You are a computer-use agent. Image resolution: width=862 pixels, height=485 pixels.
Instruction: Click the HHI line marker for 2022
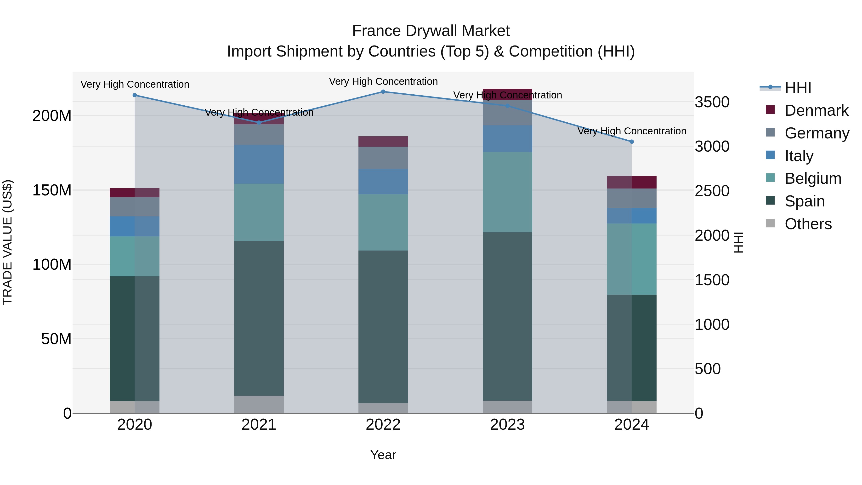pos(383,92)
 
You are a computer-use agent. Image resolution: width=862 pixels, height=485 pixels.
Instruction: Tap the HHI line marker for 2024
pos(631,142)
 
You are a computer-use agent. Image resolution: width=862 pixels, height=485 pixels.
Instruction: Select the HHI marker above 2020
pos(135,95)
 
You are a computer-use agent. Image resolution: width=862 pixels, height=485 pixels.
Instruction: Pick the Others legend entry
pos(808,224)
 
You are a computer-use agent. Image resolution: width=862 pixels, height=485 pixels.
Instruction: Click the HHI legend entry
pos(798,88)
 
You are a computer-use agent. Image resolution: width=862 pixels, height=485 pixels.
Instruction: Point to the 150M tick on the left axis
pos(52,190)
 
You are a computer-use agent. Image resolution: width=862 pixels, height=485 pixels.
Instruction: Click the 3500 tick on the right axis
pos(712,102)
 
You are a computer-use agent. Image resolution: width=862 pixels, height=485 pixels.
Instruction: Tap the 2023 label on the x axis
pos(507,425)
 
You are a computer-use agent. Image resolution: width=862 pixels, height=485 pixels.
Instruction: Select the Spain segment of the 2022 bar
pos(383,326)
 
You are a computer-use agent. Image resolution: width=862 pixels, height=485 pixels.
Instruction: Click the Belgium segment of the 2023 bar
pos(507,192)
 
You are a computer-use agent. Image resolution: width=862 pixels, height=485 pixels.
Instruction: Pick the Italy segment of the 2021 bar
pos(259,164)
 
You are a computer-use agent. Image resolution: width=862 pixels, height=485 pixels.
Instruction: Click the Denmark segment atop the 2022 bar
pos(383,142)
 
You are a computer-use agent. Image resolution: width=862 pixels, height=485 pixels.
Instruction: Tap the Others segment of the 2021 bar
pos(259,404)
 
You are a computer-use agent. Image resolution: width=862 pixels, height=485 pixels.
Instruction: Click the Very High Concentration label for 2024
pos(631,131)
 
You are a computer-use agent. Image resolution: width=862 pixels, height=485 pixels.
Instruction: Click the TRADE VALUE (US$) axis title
pos(7,242)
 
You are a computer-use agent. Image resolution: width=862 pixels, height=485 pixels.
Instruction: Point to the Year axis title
pos(383,455)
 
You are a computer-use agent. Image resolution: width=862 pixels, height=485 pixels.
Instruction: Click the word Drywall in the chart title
pos(431,31)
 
